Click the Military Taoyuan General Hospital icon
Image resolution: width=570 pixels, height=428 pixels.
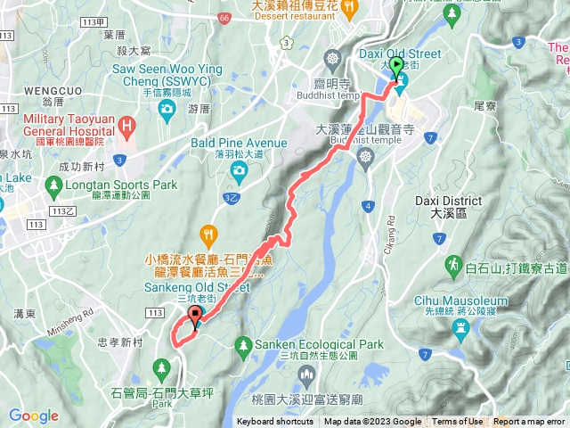point(127,126)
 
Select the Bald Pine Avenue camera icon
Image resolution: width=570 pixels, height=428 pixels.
point(238,170)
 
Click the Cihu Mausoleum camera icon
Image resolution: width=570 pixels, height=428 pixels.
point(460,328)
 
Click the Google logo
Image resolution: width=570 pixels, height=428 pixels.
point(34,416)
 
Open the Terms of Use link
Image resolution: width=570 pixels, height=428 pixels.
point(458,422)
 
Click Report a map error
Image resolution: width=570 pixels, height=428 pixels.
point(531,422)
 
